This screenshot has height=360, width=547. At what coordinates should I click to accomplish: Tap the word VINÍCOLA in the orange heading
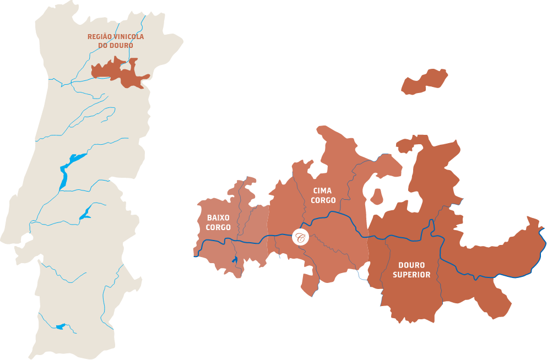(130, 37)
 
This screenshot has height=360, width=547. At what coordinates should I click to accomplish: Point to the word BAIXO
(218, 218)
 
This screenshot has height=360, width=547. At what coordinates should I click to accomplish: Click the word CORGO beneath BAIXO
(218, 227)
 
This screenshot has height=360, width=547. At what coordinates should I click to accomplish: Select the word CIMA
(322, 191)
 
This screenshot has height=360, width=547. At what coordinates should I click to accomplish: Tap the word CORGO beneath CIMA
(323, 200)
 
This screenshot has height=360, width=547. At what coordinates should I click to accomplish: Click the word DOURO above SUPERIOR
(411, 265)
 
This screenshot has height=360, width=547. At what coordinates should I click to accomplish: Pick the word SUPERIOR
(411, 275)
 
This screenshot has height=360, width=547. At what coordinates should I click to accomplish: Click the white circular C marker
(300, 237)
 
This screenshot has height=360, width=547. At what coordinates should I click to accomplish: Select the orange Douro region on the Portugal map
(118, 72)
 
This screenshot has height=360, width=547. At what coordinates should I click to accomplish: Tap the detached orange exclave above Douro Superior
(424, 81)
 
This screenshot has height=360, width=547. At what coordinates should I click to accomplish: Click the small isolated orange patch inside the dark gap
(377, 196)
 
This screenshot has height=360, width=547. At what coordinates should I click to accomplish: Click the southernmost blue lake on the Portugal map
(61, 327)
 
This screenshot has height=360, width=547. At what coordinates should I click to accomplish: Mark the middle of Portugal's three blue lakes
(85, 213)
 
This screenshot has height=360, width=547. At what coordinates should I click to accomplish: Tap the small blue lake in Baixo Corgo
(235, 259)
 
